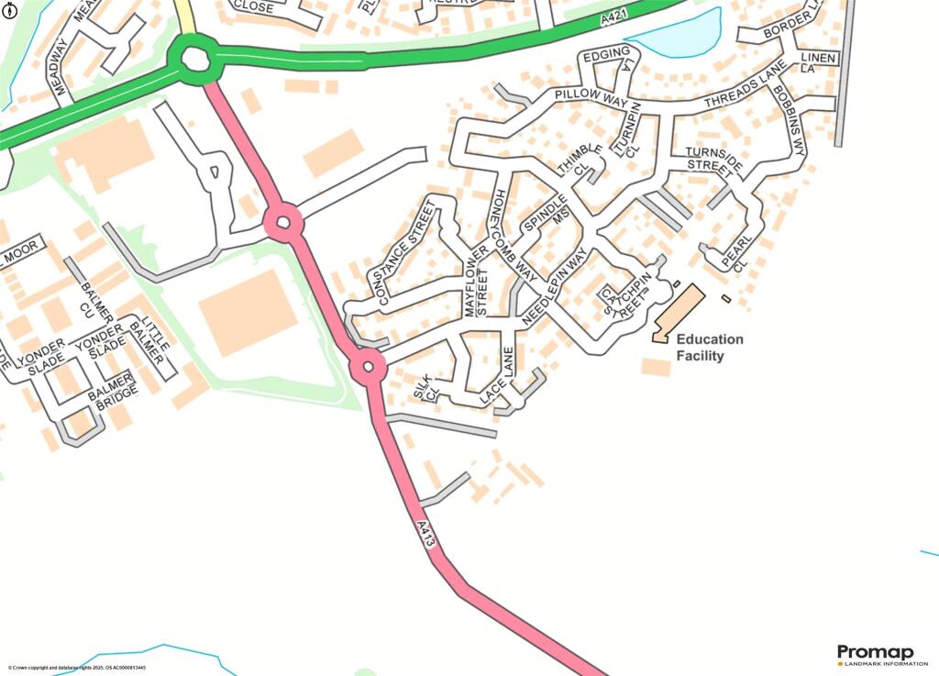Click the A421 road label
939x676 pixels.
pyautogui.click(x=615, y=18)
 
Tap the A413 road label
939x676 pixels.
pyautogui.click(x=425, y=536)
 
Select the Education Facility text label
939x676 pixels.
pyautogui.click(x=710, y=348)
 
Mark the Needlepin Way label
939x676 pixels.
pyautogui.click(x=555, y=288)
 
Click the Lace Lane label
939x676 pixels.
pyautogui.click(x=501, y=382)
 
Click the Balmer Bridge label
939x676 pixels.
pyautogui.click(x=113, y=391)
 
